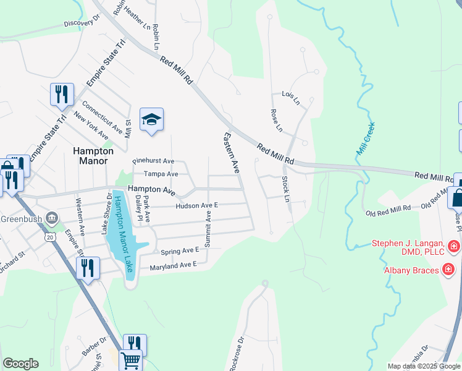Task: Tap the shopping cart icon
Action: point(130,359)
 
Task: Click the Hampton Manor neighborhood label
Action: point(93,155)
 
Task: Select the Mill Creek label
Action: point(366,139)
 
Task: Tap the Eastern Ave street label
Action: point(231,152)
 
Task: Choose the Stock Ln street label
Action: point(286,189)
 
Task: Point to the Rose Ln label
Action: point(276,121)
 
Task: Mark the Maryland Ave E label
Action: point(173,266)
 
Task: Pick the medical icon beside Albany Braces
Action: point(448,270)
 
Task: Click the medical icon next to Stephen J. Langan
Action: point(454,245)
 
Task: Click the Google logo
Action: point(20,364)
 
